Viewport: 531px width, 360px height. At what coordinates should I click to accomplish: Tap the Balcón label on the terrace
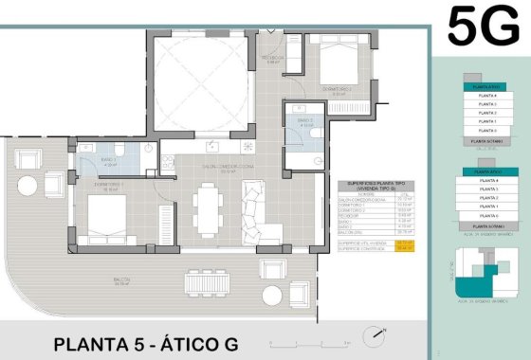click(x=121, y=281)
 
